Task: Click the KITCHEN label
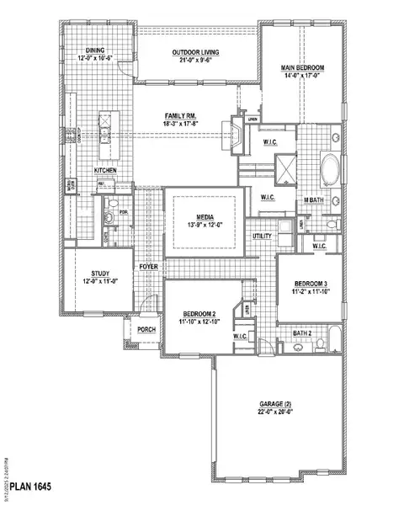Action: click(105, 171)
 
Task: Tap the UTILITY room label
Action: click(262, 237)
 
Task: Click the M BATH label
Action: click(316, 199)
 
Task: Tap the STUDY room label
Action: click(93, 274)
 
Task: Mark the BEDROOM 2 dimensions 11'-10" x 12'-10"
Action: click(199, 322)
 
